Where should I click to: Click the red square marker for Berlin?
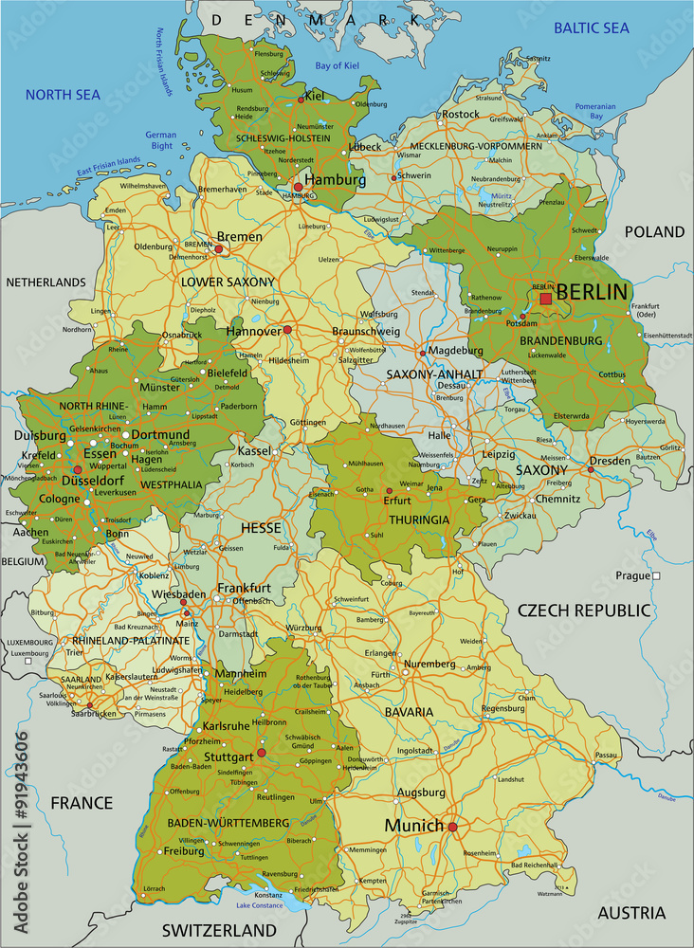coord(545,299)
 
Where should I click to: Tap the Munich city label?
coord(412,826)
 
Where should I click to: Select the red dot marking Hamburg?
coord(298,188)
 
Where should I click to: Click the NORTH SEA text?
coord(63,94)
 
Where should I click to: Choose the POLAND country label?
coord(653,231)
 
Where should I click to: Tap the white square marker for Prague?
coord(656,575)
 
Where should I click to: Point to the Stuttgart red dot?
coord(262,754)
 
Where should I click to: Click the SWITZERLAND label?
coord(219,931)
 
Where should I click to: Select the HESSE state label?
coord(261,526)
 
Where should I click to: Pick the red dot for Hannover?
coord(287,331)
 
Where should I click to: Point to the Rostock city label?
coord(461,115)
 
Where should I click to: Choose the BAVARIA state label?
coord(410,711)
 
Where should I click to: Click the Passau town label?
coord(607,755)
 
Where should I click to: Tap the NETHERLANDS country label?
coord(46,282)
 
